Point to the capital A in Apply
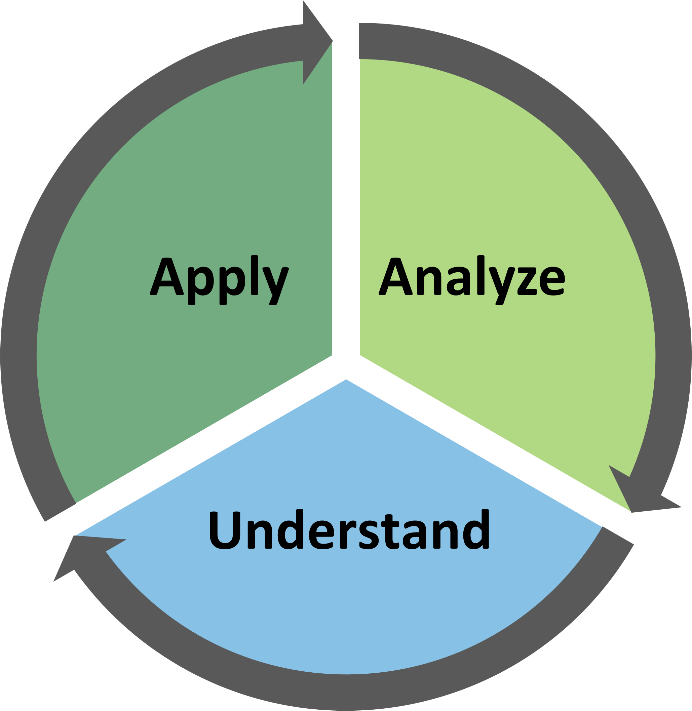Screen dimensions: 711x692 pyautogui.click(x=166, y=276)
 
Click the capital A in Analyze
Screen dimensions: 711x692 pyautogui.click(x=395, y=276)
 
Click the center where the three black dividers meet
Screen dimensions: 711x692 pyautogui.click(x=346, y=365)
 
